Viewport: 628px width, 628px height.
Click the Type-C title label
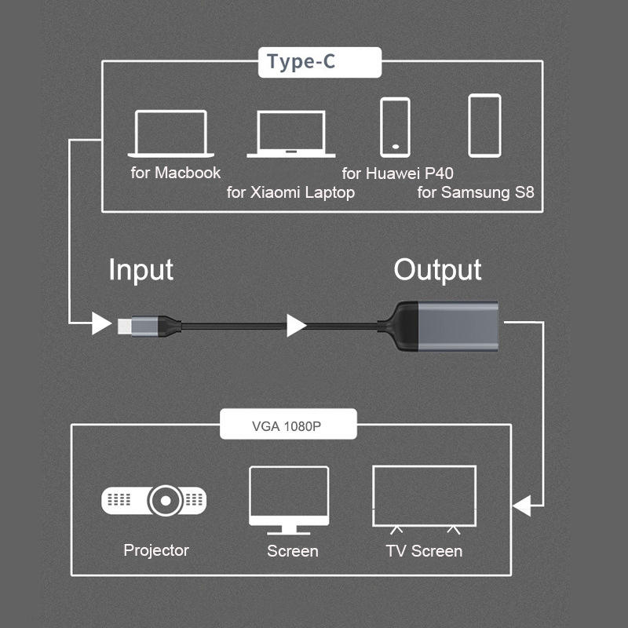[301, 63]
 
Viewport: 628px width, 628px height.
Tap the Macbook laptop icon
[171, 133]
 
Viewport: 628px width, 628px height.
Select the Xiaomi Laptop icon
[291, 134]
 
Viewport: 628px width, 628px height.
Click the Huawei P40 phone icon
[395, 126]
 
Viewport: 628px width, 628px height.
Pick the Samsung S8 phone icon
[484, 126]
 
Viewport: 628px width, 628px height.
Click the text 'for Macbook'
[176, 173]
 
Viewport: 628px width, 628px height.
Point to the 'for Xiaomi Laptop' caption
[290, 192]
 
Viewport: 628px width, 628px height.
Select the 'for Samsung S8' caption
[476, 192]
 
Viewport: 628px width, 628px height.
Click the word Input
[141, 270]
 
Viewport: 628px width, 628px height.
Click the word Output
[437, 270]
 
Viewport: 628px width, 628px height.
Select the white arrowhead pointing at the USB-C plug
[100, 323]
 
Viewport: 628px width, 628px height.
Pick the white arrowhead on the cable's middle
[296, 324]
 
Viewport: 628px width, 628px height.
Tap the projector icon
[155, 500]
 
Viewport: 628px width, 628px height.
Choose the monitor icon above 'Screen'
[288, 499]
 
